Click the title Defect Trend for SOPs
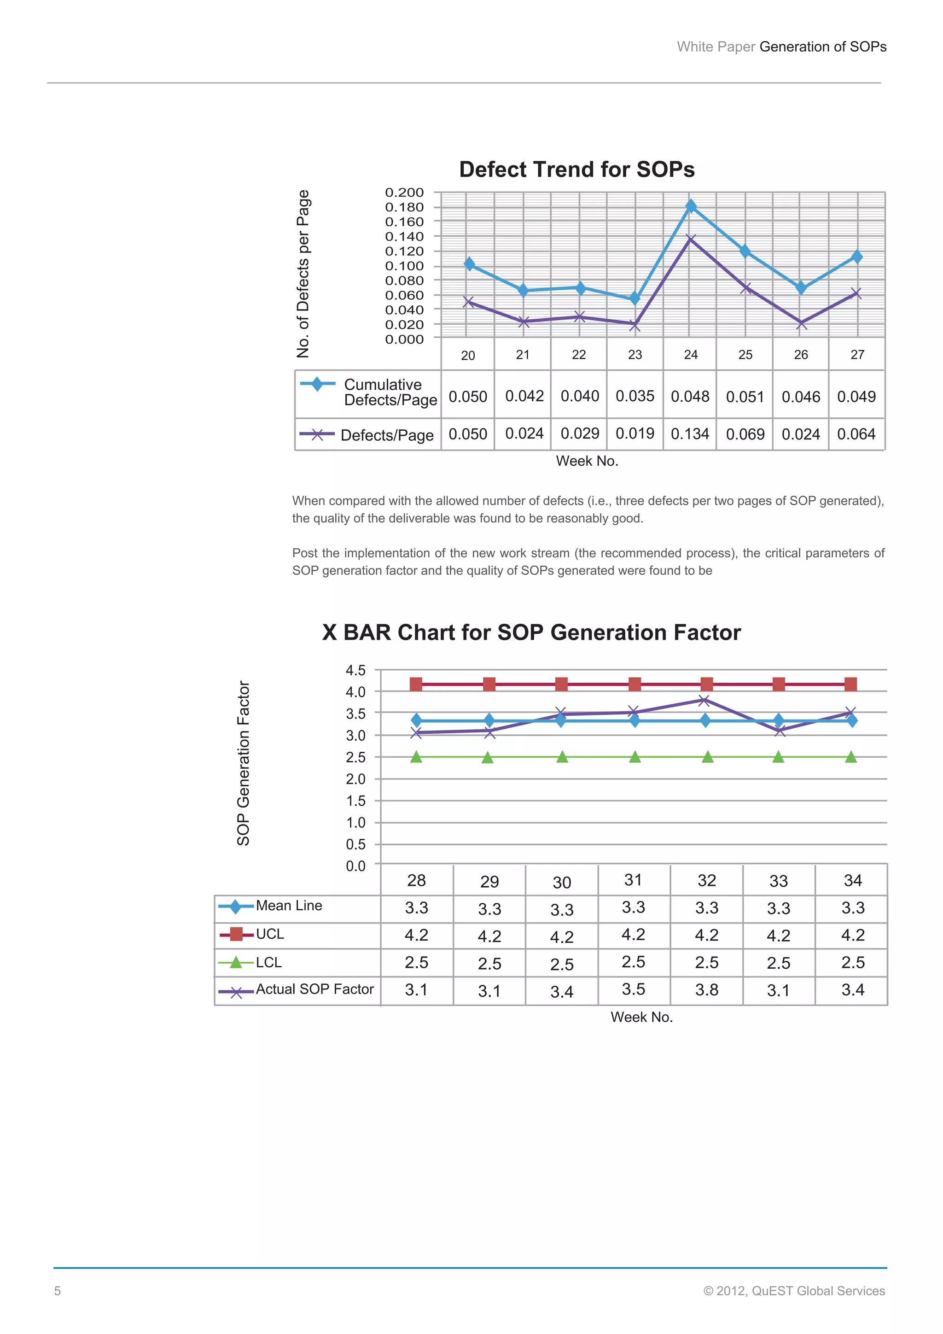pyautogui.click(x=576, y=170)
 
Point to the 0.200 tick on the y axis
pyautogui.click(x=404, y=192)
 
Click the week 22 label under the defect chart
pyautogui.click(x=579, y=354)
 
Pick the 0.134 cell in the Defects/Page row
pyautogui.click(x=690, y=434)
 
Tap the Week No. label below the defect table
pyautogui.click(x=587, y=461)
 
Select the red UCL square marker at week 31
pyautogui.click(x=634, y=685)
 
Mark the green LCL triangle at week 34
pyautogui.click(x=851, y=757)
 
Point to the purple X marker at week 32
pyautogui.click(x=704, y=701)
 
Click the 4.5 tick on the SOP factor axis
pyautogui.click(x=356, y=671)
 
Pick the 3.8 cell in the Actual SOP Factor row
pyautogui.click(x=707, y=989)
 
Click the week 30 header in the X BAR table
pyautogui.click(x=561, y=883)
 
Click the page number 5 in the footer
pyautogui.click(x=58, y=1291)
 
